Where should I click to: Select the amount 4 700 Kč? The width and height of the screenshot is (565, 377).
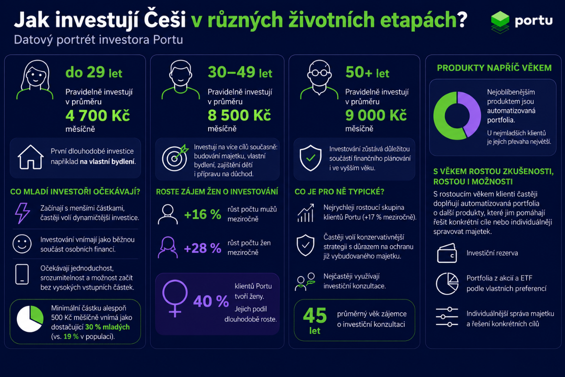(x=98, y=115)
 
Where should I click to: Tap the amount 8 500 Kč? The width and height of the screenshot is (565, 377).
(x=239, y=115)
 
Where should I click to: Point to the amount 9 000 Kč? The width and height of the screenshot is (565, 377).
(x=376, y=115)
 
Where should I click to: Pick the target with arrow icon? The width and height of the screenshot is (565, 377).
(x=175, y=158)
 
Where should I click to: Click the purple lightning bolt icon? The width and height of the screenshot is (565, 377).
(x=23, y=213)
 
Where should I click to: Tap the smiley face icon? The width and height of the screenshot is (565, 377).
(x=22, y=244)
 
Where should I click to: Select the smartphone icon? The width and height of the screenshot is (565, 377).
(x=22, y=274)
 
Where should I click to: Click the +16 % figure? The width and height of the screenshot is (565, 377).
(x=203, y=215)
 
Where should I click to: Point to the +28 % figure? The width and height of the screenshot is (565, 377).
(x=203, y=248)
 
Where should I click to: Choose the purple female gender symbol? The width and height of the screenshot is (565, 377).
(x=175, y=298)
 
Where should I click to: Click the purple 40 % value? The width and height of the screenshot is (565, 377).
(x=211, y=301)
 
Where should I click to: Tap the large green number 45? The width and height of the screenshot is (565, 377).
(x=315, y=315)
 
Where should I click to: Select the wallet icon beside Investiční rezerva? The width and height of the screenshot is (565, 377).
(x=447, y=253)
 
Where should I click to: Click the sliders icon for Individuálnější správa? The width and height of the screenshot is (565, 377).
(x=447, y=317)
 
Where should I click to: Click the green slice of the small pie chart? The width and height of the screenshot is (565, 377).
(x=37, y=315)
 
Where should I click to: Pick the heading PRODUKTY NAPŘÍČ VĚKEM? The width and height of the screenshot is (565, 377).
(x=494, y=68)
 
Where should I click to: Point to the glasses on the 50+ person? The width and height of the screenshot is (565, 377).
(x=319, y=73)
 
